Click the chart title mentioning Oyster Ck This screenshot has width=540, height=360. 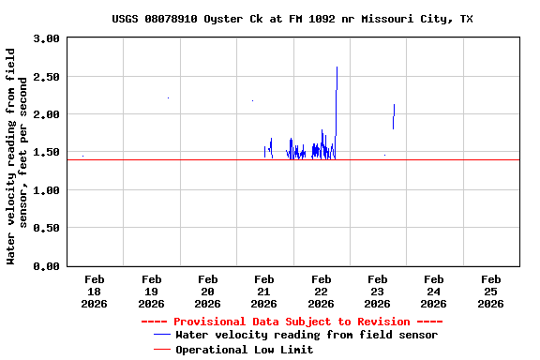pos(292,19)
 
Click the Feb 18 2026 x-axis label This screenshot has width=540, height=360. pos(95,291)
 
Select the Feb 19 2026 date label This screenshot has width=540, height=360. pos(151,291)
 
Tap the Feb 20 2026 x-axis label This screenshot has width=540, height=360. pos(207,291)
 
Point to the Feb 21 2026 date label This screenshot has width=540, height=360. pos(264,291)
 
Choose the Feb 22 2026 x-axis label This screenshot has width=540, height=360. pos(321,291)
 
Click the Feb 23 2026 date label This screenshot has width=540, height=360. pos(377,291)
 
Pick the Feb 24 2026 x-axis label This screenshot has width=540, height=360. pos(433,291)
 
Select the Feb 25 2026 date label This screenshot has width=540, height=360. pos(490,291)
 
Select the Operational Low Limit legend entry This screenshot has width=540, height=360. pos(244,350)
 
